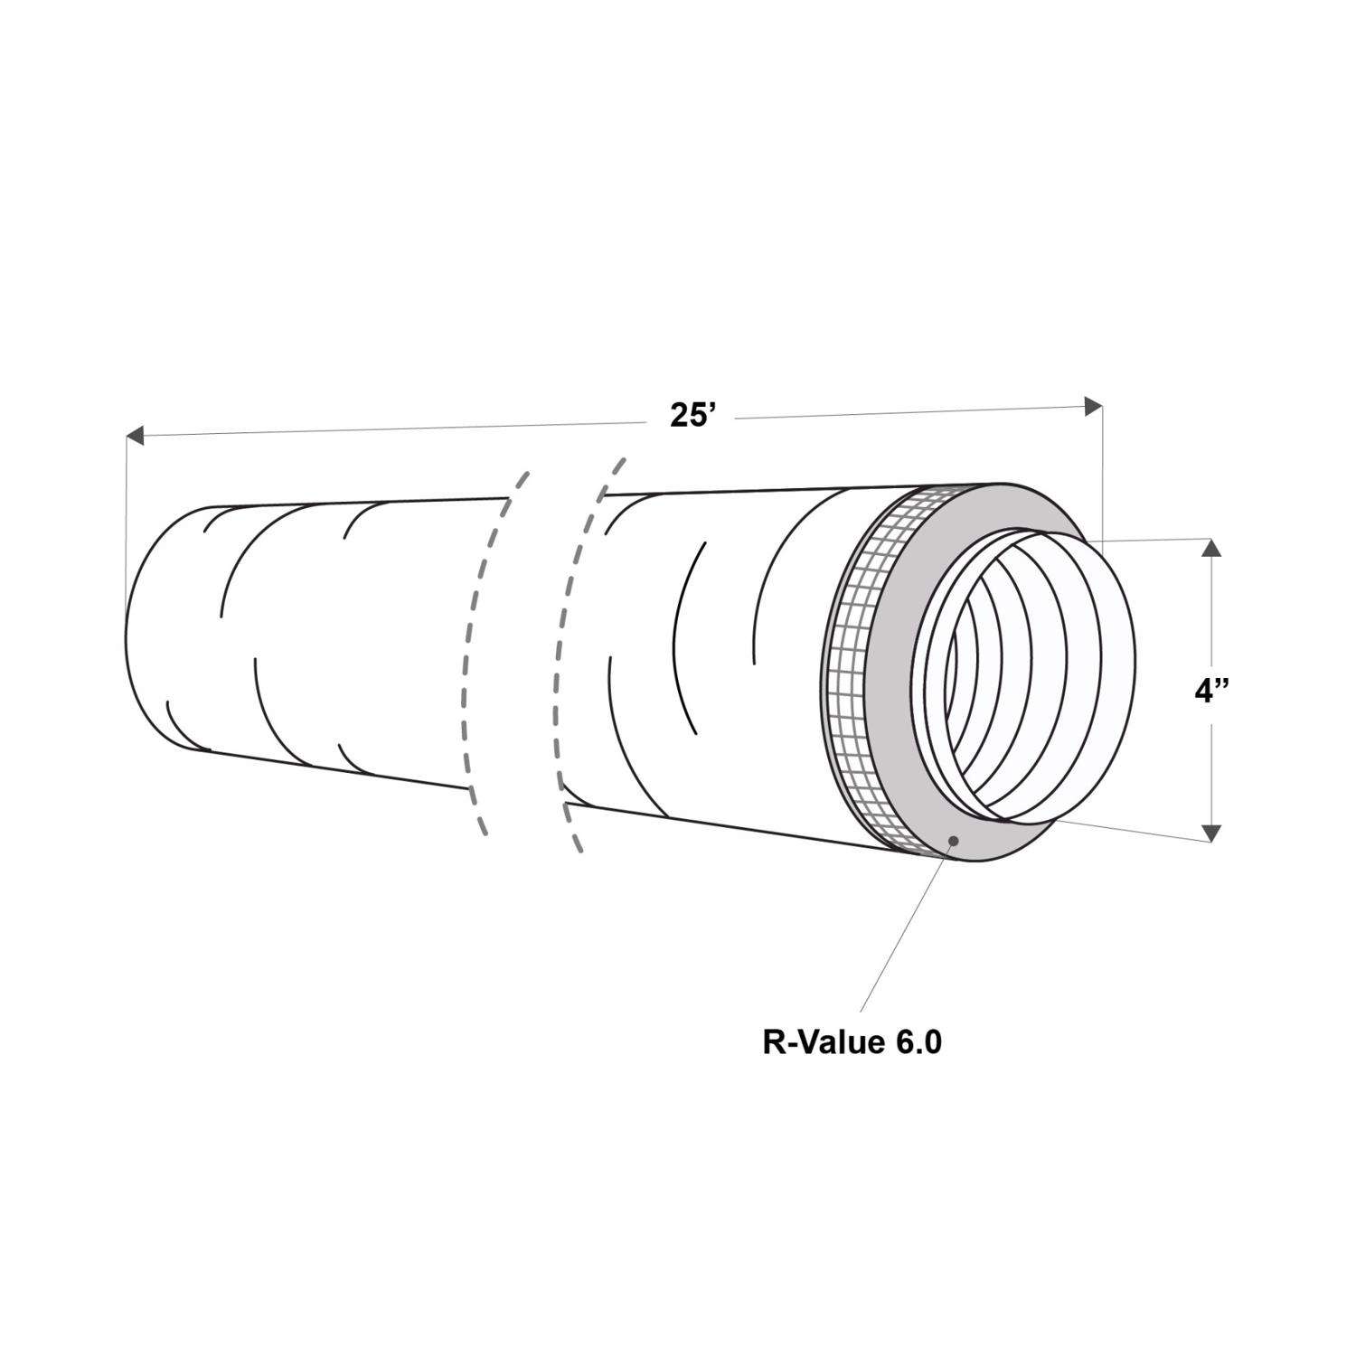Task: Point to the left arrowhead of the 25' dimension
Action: [134, 436]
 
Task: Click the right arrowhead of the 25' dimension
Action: [1094, 406]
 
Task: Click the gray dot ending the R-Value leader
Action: [952, 842]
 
